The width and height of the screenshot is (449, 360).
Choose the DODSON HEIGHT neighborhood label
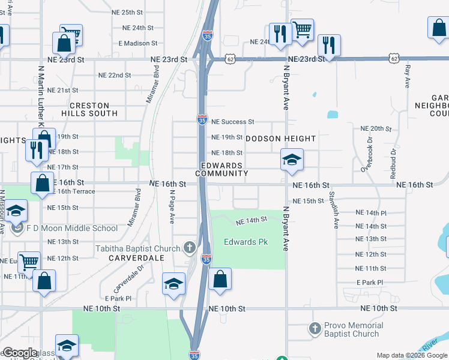280,139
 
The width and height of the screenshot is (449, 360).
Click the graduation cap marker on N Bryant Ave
292,160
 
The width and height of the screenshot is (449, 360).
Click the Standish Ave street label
334,211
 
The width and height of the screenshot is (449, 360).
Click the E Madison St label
137,43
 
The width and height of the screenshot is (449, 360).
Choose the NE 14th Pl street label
370,213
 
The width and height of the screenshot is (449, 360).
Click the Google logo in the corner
20,353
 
